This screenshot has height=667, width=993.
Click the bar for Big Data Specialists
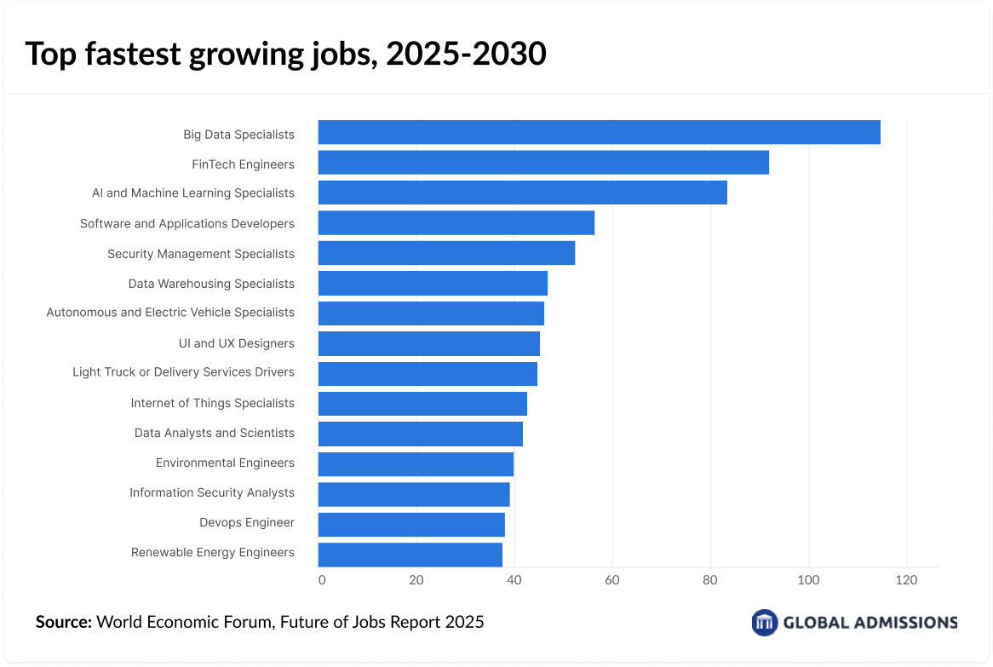tap(599, 133)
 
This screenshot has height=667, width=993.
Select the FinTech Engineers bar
tap(543, 163)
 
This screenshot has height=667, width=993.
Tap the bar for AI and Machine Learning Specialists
tap(522, 193)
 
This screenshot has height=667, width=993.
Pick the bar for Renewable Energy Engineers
tap(410, 554)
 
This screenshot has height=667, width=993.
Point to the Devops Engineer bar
tap(411, 524)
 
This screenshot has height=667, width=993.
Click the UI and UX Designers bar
tap(428, 343)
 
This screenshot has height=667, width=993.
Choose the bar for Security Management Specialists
tap(446, 253)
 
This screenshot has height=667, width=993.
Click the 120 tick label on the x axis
tap(906, 581)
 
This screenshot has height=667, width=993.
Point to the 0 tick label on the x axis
tap(321, 581)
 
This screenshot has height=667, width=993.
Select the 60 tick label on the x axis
tap(612, 581)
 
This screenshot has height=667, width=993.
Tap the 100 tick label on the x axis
tap(808, 581)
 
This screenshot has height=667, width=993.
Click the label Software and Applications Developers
tap(187, 223)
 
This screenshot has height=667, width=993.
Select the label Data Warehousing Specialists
tap(211, 284)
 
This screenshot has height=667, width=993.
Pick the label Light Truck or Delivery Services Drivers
tap(183, 372)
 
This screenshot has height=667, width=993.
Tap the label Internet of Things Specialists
tap(212, 403)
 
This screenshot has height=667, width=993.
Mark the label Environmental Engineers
tap(225, 463)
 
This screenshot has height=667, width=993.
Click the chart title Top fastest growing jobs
tap(285, 54)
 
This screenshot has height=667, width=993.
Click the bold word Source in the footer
tap(63, 622)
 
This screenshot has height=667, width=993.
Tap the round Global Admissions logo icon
tap(765, 622)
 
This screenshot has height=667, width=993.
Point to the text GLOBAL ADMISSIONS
tap(870, 622)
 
